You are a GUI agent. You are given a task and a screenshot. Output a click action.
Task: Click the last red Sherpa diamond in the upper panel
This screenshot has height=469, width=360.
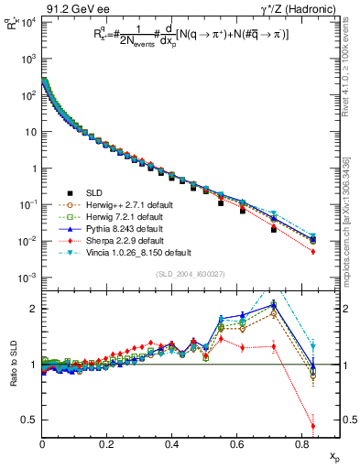[x=313, y=251]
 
